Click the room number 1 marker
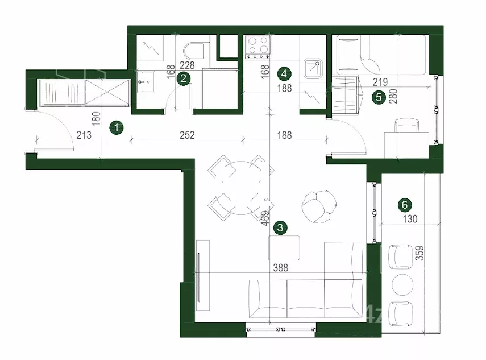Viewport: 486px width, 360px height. [117, 128]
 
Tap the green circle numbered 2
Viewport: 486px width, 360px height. [183, 78]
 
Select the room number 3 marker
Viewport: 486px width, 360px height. [280, 228]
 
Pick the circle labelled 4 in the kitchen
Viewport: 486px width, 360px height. [285, 74]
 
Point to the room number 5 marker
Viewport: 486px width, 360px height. [379, 98]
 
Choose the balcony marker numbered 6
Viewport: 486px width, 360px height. [405, 205]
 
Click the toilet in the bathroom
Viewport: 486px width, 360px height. [194, 51]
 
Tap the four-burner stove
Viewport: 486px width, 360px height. [257, 47]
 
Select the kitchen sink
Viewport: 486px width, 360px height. [313, 68]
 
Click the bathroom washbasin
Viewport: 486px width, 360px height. [146, 81]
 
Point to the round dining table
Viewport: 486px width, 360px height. [241, 188]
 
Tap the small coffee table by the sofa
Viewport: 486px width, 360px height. [284, 248]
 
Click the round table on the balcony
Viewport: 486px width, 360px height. [402, 284]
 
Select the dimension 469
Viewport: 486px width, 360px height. [265, 218]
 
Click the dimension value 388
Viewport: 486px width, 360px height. [280, 267]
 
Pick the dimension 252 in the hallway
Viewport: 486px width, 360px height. [187, 135]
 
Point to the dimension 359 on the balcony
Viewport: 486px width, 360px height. [419, 253]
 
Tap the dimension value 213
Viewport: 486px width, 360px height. [84, 135]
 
